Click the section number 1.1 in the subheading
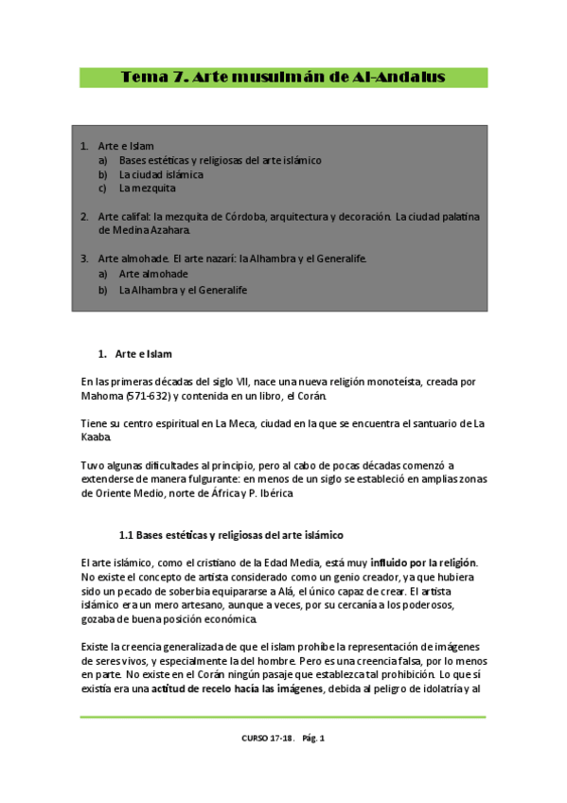click(128, 535)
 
